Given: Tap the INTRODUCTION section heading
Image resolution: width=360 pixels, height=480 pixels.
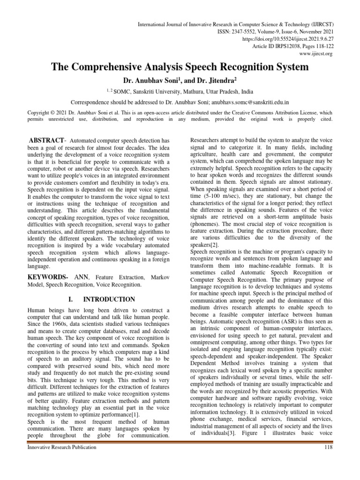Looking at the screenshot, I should pyautogui.click(x=109, y=299).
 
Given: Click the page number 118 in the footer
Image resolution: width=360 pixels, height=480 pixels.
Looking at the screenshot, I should pyautogui.click(x=328, y=447).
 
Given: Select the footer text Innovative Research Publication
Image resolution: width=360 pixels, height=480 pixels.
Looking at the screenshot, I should pyautogui.click(x=62, y=447).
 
